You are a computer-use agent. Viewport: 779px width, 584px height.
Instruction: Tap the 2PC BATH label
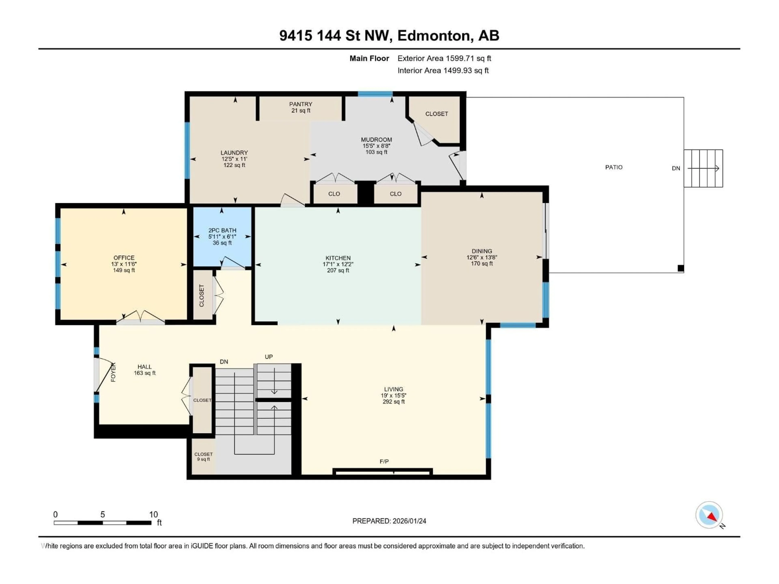click(x=222, y=230)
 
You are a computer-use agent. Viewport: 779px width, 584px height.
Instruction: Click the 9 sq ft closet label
click(x=203, y=459)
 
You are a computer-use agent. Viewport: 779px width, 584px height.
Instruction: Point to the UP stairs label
click(x=269, y=357)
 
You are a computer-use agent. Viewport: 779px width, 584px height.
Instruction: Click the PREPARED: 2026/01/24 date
click(x=389, y=521)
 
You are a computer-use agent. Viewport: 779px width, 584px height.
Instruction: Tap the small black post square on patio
click(x=681, y=268)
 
